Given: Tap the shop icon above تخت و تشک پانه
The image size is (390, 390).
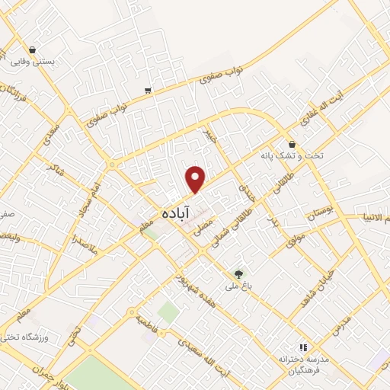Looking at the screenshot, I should [292, 144].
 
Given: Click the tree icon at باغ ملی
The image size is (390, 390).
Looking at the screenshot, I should [239, 273].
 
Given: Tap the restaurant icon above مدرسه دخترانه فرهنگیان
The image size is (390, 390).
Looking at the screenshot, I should [303, 347].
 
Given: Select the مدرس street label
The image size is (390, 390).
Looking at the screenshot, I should [340, 323].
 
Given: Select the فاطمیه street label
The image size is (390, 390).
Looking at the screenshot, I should [147, 323].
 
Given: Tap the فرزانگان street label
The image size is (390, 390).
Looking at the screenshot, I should [14, 98].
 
